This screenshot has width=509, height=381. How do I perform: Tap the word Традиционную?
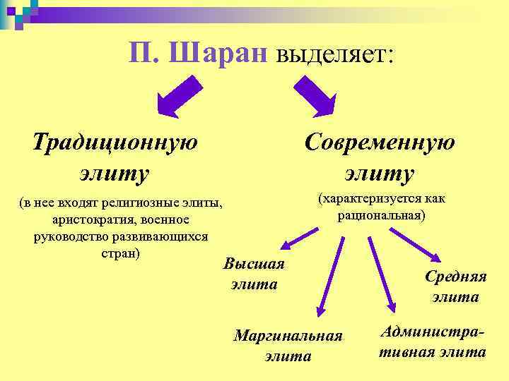click(x=115, y=141)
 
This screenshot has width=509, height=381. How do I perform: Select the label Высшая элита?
click(x=254, y=274)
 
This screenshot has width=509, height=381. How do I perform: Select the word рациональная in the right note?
click(x=381, y=214)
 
